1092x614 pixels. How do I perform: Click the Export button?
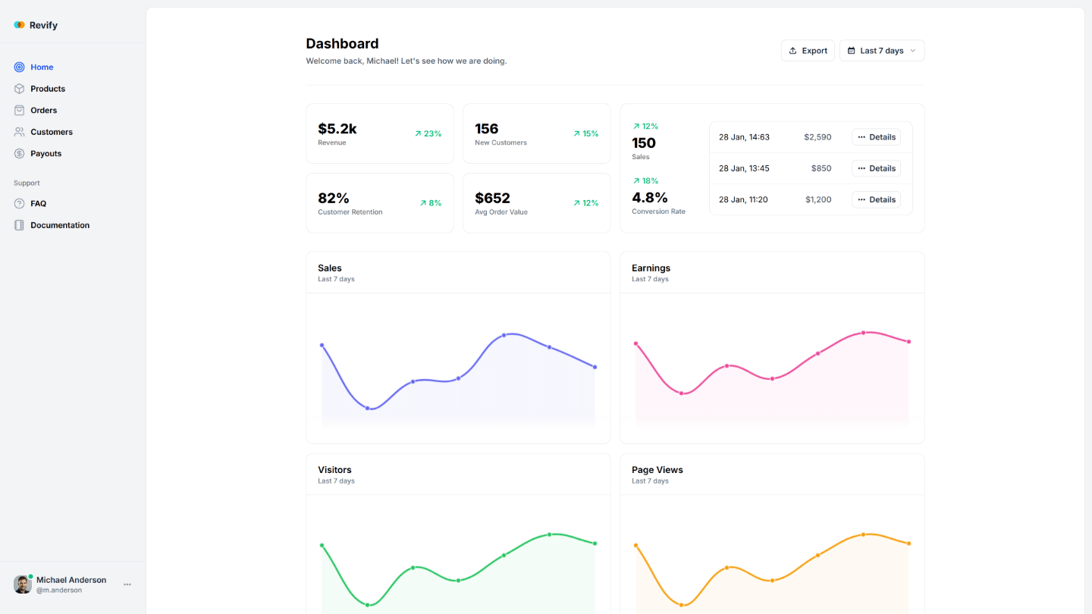tap(808, 51)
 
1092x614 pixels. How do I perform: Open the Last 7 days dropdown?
tap(882, 51)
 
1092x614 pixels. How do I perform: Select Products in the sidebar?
tap(48, 89)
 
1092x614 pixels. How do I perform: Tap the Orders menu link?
tap(44, 110)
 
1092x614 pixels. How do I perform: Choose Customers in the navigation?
tap(52, 132)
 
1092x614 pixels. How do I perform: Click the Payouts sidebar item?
tap(45, 153)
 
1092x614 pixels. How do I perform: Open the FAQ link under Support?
tap(38, 203)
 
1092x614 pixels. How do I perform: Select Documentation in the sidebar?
tap(60, 225)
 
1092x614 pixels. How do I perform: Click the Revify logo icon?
tap(19, 25)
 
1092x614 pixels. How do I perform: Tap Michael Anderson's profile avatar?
tap(23, 584)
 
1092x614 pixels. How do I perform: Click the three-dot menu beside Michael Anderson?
tap(127, 584)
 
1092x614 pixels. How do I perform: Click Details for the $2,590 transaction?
tap(876, 137)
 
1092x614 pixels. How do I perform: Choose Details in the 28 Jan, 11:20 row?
tap(876, 199)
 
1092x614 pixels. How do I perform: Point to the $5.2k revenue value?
tap(337, 129)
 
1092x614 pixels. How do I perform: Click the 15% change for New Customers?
tap(585, 133)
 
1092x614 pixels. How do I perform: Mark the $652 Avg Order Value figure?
tap(492, 199)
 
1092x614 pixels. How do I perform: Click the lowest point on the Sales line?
tap(368, 409)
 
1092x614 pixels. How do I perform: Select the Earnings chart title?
tap(651, 268)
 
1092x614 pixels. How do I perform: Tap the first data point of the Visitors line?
tap(322, 545)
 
